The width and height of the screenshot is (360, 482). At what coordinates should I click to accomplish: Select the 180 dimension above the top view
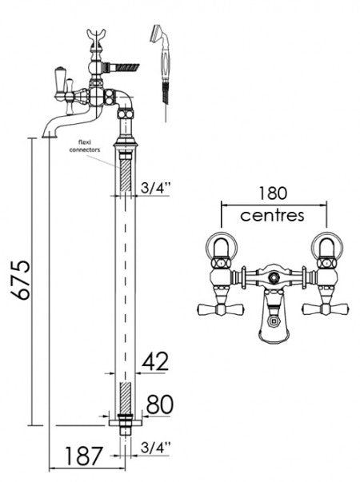(x=274, y=194)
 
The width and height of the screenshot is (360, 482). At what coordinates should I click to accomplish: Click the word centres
(x=274, y=215)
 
